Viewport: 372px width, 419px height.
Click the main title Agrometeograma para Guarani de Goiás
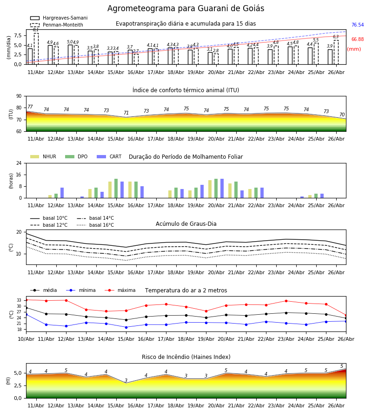coord(186,8)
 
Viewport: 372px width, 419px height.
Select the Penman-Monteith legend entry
coord(57,25)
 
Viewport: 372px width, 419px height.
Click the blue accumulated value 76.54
coord(358,25)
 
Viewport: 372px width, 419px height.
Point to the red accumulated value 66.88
coord(358,39)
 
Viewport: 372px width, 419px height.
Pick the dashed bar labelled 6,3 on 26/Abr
coord(336,52)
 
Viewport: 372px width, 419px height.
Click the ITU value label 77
coord(30,107)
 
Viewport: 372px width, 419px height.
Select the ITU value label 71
coord(126,113)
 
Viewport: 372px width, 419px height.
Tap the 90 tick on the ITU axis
coord(19,96)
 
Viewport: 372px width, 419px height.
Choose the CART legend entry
coord(109,156)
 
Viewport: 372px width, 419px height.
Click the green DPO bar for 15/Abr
coord(116,189)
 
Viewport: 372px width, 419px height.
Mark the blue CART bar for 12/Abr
coord(62,193)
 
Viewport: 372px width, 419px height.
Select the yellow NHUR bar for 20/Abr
coord(210,189)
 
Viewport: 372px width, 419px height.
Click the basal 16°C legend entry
coord(95,225)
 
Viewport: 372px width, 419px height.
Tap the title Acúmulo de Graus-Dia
coord(186,224)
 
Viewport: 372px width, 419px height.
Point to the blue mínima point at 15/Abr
coord(126,327)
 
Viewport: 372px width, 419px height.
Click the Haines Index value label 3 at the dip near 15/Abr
coord(126,380)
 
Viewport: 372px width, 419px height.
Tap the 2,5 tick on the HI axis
coord(18,385)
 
